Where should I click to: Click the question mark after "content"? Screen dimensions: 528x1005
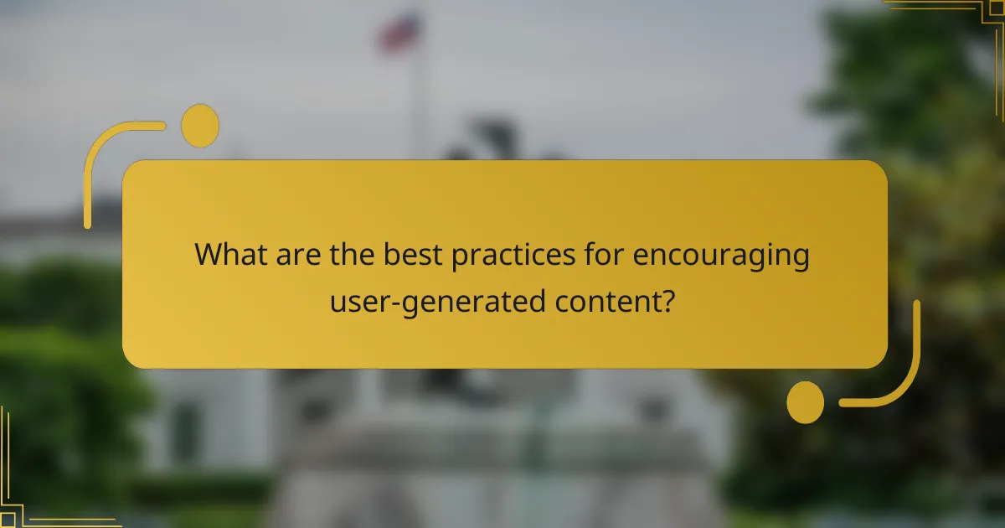(x=667, y=299)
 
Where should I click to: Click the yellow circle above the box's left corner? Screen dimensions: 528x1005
(x=200, y=126)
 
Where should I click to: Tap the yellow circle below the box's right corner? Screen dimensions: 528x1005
(x=805, y=401)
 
